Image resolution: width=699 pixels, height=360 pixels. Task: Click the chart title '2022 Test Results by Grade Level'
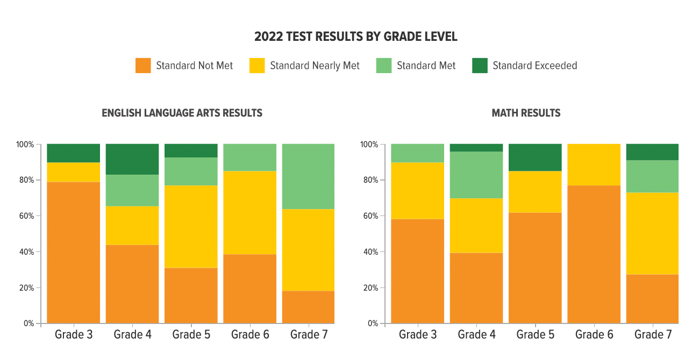[355, 37]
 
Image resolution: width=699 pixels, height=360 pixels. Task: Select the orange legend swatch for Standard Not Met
[143, 66]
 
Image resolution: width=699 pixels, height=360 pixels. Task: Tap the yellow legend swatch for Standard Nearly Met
[257, 66]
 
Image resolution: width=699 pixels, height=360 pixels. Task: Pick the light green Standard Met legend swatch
[384, 66]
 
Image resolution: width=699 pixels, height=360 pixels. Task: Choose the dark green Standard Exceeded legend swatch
[480, 66]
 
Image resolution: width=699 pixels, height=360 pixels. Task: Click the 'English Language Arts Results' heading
[182, 113]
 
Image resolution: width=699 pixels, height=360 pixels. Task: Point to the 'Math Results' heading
[526, 113]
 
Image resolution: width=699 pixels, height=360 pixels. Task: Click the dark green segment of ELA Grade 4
[132, 159]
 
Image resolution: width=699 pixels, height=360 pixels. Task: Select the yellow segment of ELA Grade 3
[74, 172]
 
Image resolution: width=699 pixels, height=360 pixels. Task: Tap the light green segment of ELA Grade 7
[308, 176]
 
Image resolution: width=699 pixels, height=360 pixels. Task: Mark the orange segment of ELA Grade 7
[308, 307]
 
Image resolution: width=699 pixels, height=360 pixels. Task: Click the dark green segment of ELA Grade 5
[191, 150]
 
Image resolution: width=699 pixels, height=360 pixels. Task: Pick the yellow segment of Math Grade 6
[594, 164]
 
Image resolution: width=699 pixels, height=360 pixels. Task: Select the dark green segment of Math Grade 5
[535, 157]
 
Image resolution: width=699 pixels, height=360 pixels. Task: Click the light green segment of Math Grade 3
[418, 153]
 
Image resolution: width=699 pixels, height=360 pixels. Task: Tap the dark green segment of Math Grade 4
[476, 148]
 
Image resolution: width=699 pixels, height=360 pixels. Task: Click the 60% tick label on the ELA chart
[25, 216]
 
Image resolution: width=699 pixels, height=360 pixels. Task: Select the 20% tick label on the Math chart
[369, 288]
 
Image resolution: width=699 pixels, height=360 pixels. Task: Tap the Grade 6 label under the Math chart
[594, 335]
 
